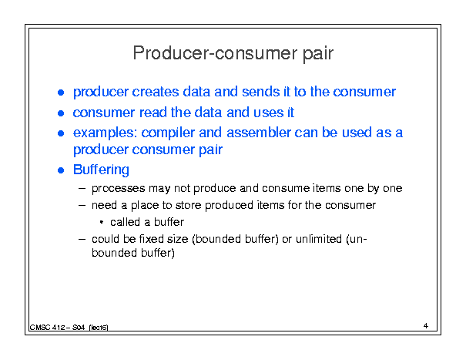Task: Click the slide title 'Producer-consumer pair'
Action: (x=233, y=54)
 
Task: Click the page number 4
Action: (x=426, y=326)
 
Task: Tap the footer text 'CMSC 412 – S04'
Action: (x=57, y=328)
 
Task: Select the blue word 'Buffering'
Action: (x=101, y=170)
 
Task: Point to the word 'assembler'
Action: (x=259, y=133)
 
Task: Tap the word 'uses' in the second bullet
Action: (x=268, y=113)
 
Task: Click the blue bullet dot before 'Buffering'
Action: (x=61, y=170)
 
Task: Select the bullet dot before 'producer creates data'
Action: (x=61, y=93)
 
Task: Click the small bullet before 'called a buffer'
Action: (x=102, y=222)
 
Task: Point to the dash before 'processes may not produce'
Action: (x=82, y=188)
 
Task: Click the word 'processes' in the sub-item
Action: (x=119, y=189)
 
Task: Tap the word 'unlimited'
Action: (x=319, y=239)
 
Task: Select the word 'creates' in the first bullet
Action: (x=156, y=92)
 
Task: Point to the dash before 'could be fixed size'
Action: (x=82, y=239)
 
